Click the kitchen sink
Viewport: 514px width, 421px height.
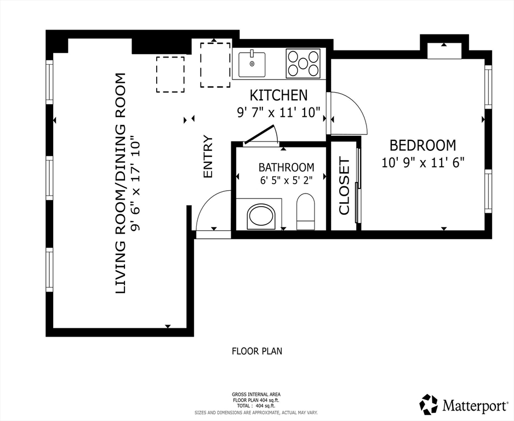click(x=252, y=64)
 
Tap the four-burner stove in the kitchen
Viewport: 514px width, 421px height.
click(x=303, y=64)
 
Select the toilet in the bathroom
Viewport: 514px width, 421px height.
click(x=306, y=212)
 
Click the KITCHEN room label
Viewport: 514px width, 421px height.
click(x=278, y=95)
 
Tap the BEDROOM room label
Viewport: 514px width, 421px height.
click(x=423, y=145)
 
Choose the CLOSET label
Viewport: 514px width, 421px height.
click(x=344, y=186)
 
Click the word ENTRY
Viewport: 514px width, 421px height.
click(x=208, y=157)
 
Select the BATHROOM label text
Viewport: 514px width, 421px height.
click(x=286, y=167)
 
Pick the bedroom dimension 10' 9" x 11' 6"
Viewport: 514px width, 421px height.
click(x=423, y=162)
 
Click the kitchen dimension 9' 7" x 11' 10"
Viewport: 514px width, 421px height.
click(x=278, y=112)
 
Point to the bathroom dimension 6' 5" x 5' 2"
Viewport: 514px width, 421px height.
click(x=286, y=180)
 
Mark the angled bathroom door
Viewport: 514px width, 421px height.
click(x=259, y=134)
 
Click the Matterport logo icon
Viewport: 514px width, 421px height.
click(x=429, y=404)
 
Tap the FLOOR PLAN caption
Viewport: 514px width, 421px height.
click(x=257, y=351)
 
